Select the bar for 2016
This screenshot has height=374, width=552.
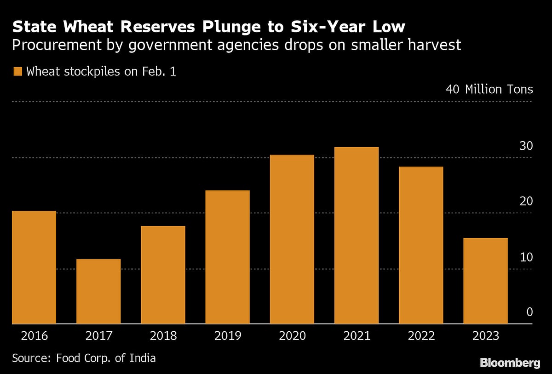(x=34, y=267)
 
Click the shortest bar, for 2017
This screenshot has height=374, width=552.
(x=98, y=292)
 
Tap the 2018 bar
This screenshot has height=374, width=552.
(x=163, y=275)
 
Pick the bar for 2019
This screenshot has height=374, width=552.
(x=227, y=257)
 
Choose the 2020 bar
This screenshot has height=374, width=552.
(x=292, y=239)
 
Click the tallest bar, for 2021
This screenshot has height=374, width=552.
(x=356, y=236)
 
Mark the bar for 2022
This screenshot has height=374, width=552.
(x=421, y=245)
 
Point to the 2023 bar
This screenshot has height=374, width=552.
(x=485, y=281)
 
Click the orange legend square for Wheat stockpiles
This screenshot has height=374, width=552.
(x=18, y=72)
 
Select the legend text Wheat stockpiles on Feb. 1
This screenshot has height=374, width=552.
(x=101, y=72)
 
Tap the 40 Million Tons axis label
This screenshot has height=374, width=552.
(x=489, y=89)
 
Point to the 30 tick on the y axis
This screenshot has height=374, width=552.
(x=526, y=146)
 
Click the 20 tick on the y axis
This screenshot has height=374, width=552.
(x=526, y=201)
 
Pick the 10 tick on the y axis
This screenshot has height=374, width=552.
(x=526, y=257)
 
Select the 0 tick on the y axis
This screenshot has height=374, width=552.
(x=529, y=312)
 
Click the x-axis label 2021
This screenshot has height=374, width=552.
(x=356, y=336)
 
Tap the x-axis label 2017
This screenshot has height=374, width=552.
(x=98, y=336)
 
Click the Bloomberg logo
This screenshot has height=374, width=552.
(x=510, y=363)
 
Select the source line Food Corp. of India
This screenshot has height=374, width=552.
(x=84, y=358)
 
